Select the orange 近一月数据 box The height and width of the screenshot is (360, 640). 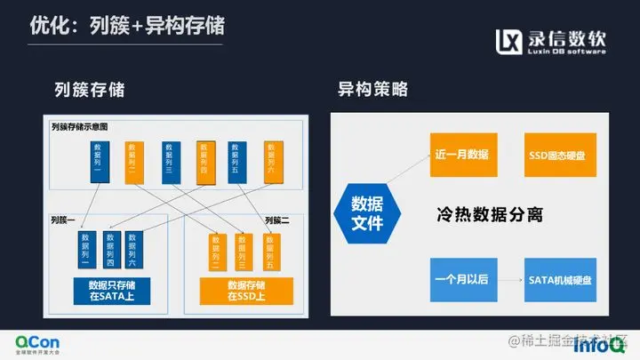tap(461, 154)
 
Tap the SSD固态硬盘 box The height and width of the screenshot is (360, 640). tap(562, 154)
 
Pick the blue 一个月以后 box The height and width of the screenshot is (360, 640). tap(461, 278)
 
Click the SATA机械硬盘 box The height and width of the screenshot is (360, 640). tap(562, 278)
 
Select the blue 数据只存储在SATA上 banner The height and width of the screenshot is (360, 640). tap(112, 291)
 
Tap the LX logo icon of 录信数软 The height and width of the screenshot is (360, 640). tap(509, 42)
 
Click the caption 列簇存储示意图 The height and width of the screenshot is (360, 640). tap(92, 127)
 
